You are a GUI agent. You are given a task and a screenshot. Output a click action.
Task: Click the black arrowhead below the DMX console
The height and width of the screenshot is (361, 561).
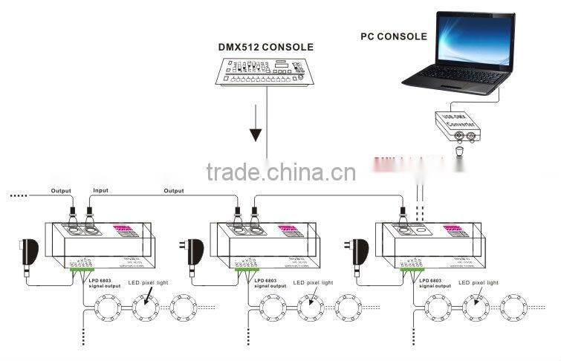[256, 134]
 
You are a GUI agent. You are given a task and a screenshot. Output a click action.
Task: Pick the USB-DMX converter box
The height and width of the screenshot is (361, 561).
[457, 126]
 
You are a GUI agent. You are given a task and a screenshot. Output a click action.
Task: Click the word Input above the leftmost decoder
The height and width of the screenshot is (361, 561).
[100, 191]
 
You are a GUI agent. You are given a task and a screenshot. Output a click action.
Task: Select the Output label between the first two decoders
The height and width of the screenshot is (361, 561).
[174, 191]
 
